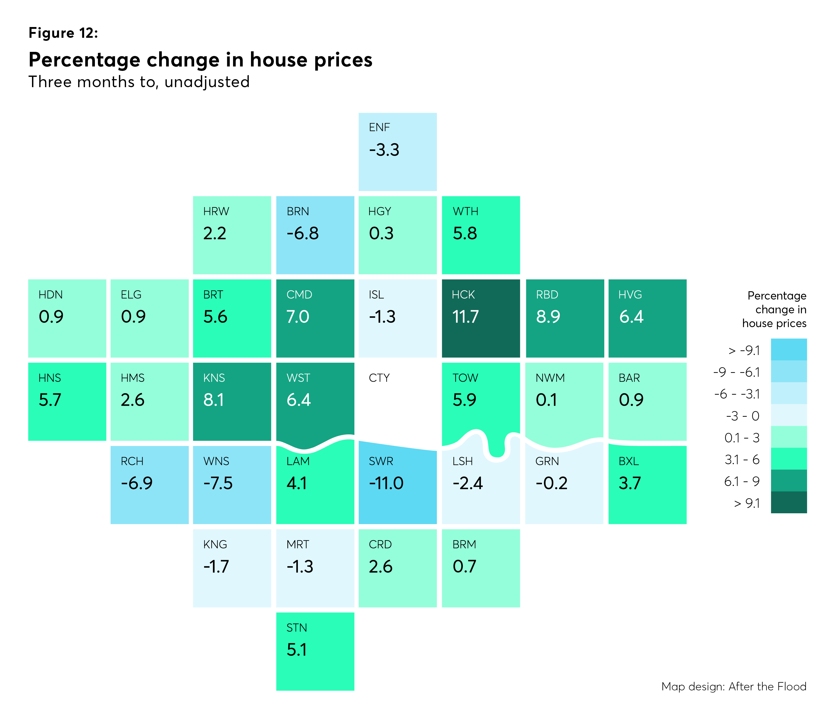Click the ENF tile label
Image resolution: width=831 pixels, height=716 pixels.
(x=379, y=127)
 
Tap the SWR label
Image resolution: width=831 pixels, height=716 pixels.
(x=381, y=461)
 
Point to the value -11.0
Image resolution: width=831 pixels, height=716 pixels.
(x=386, y=483)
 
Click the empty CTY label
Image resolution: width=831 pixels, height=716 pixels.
(x=379, y=378)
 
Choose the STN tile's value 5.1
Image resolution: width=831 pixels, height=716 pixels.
(x=296, y=650)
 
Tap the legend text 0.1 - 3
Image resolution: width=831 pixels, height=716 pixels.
(x=742, y=438)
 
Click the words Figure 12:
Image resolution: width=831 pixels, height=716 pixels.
(x=63, y=33)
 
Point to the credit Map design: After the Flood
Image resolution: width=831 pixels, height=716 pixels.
(x=734, y=686)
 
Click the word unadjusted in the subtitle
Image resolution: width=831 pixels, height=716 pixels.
(x=207, y=82)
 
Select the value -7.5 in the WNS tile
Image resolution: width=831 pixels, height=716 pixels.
(x=218, y=483)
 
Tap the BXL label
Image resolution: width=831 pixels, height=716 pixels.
(x=629, y=461)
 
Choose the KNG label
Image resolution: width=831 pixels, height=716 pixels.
(x=215, y=544)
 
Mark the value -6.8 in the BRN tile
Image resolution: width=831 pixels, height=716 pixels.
(x=302, y=233)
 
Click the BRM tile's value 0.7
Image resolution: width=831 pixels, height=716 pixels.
(x=464, y=567)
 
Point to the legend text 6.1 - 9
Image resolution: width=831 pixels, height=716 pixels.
(x=742, y=481)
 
